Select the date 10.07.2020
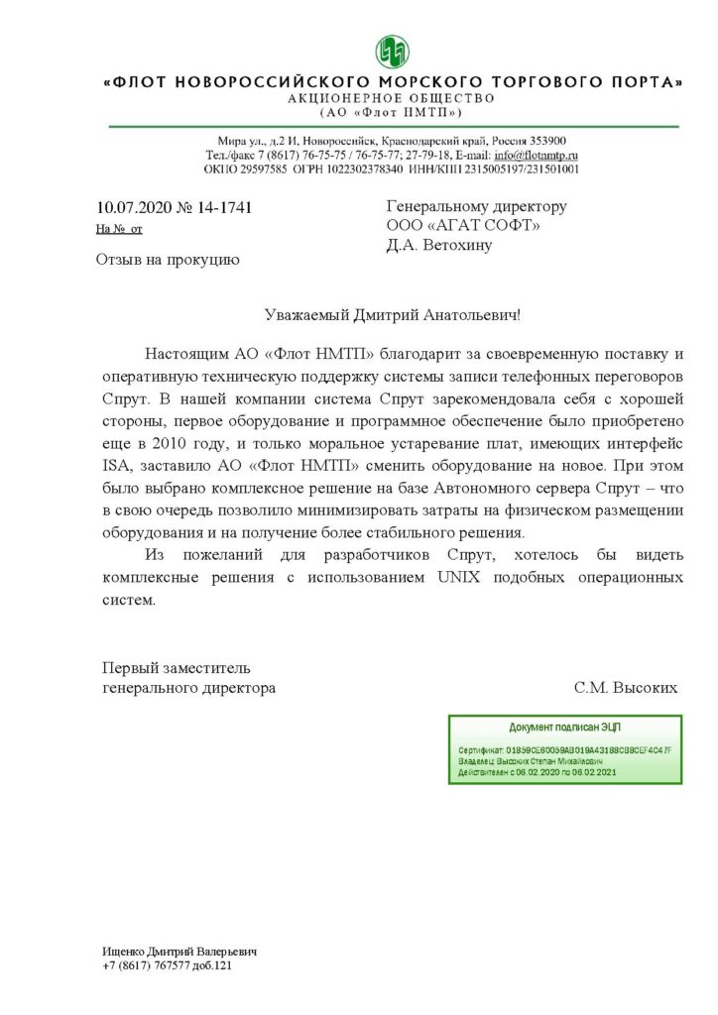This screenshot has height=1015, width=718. point(134,208)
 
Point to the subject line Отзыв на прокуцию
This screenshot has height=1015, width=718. point(167,261)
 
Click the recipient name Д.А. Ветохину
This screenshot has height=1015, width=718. point(438,246)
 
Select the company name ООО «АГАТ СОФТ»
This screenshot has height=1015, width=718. point(463,226)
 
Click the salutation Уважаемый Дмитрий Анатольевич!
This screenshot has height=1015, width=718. point(393,314)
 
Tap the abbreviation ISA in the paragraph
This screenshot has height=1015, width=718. point(116,464)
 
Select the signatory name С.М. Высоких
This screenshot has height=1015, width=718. point(625,687)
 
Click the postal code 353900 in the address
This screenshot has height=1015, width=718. point(545,141)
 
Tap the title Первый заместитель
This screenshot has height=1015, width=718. point(177,666)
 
